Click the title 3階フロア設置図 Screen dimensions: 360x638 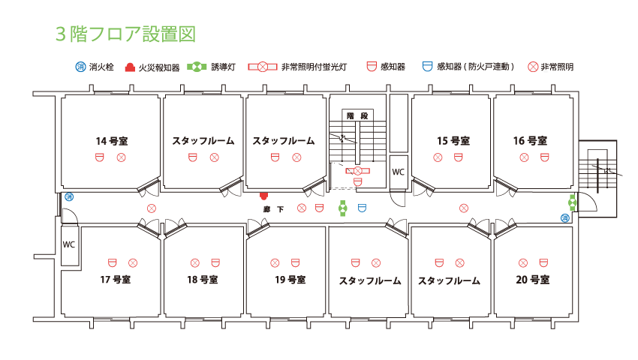pyautogui.click(x=125, y=34)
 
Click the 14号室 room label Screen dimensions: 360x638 pyautogui.click(x=111, y=140)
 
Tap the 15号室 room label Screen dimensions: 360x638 pyautogui.click(x=453, y=140)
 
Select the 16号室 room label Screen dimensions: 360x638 pyautogui.click(x=530, y=140)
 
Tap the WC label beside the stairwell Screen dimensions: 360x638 pyautogui.click(x=398, y=172)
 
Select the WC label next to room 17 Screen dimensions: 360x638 pyautogui.click(x=69, y=244)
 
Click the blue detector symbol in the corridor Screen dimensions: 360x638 pyautogui.click(x=362, y=208)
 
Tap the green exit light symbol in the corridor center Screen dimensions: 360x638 pyautogui.click(x=343, y=208)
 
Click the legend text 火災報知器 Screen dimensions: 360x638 pyautogui.click(x=158, y=67)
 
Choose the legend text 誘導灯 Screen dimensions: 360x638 pyautogui.click(x=223, y=67)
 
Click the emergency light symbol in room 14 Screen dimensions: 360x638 pyautogui.click(x=121, y=157)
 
